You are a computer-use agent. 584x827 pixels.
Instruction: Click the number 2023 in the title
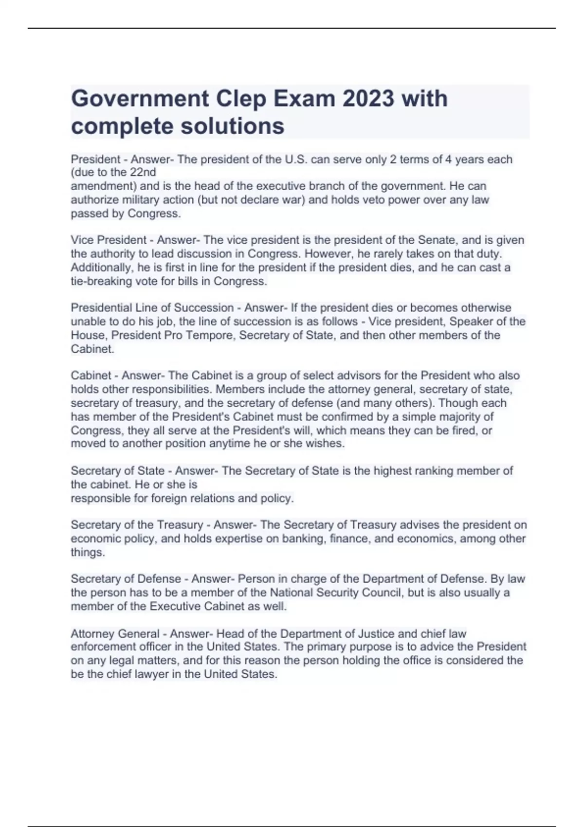368,99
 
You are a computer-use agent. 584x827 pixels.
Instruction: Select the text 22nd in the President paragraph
143,172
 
